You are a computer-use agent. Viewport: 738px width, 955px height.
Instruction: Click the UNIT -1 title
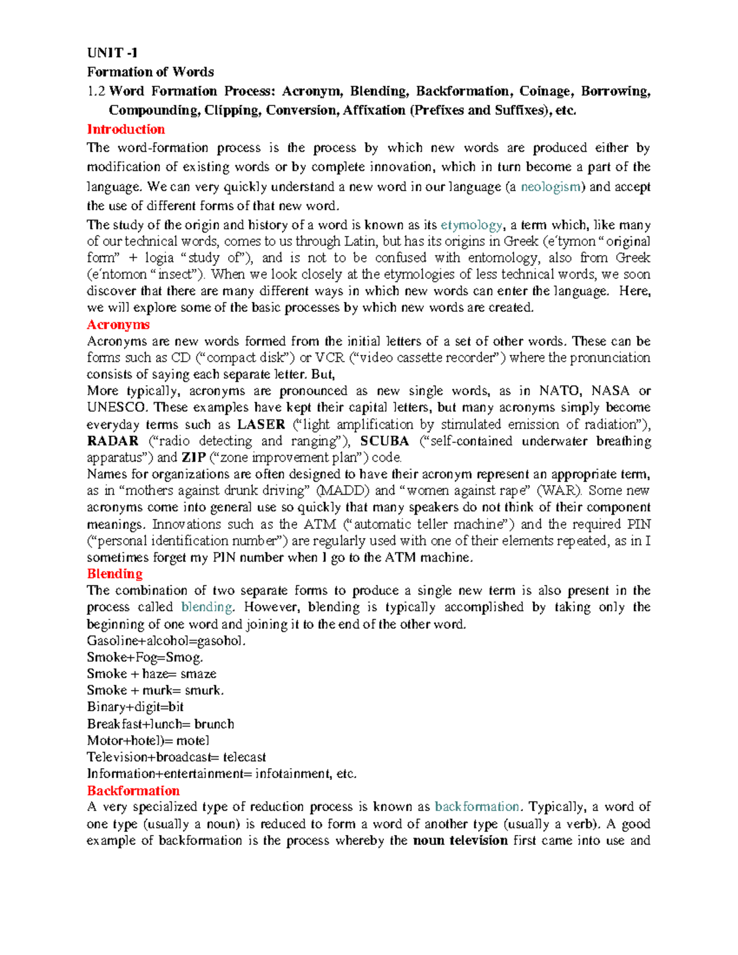point(112,52)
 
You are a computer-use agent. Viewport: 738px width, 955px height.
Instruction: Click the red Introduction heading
point(125,129)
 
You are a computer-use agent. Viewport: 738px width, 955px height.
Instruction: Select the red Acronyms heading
point(118,325)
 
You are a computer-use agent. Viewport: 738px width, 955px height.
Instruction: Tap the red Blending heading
point(114,574)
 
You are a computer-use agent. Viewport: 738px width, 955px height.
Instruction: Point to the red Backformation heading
point(133,791)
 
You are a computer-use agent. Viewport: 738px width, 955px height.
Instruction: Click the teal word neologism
point(550,187)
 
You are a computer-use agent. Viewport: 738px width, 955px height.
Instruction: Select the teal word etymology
point(471,225)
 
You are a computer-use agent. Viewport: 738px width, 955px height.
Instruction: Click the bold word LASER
point(261,424)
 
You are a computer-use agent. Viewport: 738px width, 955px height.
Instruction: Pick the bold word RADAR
point(113,441)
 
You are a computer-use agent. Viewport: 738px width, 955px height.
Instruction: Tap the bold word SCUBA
point(384,441)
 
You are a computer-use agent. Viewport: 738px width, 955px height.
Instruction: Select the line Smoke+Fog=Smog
point(145,657)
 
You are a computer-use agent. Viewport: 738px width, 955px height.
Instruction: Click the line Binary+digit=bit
point(135,707)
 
